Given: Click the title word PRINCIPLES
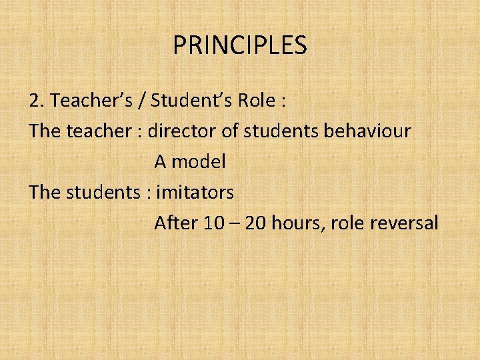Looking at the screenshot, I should coord(240,46).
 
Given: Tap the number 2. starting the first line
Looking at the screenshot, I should coord(37,101).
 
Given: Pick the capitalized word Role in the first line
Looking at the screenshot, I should coord(256,101).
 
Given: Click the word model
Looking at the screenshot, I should coord(201,161).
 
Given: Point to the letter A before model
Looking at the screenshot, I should coord(161,161).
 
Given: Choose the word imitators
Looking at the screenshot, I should coord(195,192).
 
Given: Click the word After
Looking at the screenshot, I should coord(176,223).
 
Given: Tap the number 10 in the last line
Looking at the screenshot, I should coord(214,223).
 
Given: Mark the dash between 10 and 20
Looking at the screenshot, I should coord(235,223).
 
